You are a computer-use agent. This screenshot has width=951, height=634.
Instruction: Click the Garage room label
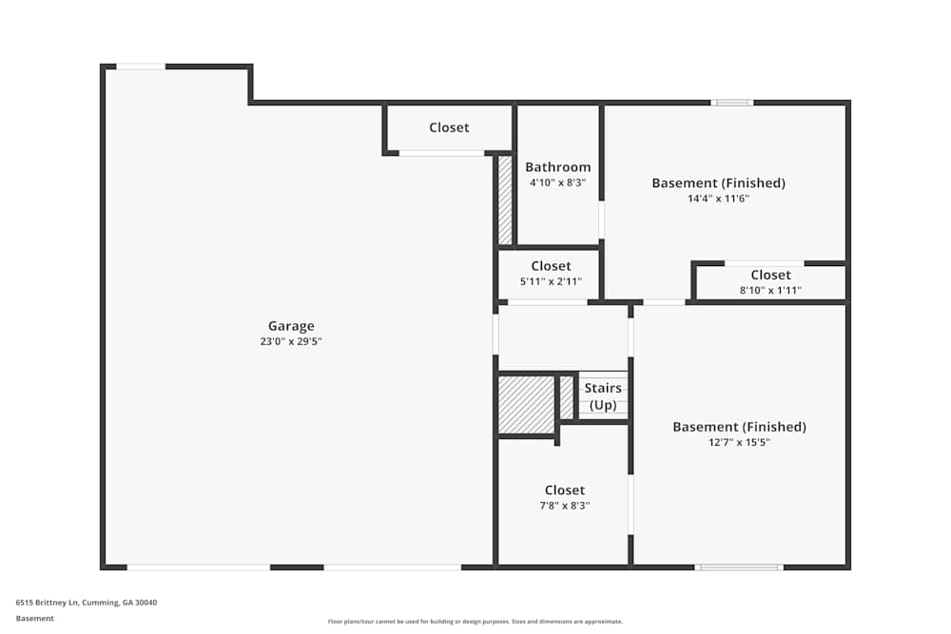tap(291, 326)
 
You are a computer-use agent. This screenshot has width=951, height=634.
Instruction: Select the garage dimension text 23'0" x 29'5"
tap(291, 341)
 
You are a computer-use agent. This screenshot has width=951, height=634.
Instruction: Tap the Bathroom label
tap(558, 166)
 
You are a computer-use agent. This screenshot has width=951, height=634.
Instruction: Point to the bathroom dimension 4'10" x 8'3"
tap(558, 183)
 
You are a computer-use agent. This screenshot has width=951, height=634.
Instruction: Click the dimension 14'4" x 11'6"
tap(719, 199)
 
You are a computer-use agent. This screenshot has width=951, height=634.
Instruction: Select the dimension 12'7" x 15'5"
tap(739, 442)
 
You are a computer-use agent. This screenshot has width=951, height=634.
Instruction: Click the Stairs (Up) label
tap(603, 396)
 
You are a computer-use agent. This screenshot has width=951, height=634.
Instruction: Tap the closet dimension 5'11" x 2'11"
tap(551, 281)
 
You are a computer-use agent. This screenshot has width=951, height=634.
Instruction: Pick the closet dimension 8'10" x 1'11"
tap(770, 290)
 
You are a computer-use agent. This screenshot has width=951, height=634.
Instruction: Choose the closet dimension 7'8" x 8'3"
tap(565, 506)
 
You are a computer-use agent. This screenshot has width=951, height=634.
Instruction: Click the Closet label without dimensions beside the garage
tap(450, 127)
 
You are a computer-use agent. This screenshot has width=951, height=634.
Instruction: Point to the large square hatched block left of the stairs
tap(527, 405)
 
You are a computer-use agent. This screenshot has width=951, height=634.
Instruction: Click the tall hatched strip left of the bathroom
tap(505, 200)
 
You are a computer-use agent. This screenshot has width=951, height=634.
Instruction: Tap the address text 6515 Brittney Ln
tap(48, 603)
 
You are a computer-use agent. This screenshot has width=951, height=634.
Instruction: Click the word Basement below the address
tap(34, 618)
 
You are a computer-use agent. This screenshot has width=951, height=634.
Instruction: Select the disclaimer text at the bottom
tap(475, 622)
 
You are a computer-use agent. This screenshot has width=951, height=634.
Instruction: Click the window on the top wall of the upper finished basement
tap(732, 103)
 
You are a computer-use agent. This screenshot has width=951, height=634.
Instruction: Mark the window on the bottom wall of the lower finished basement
tap(739, 567)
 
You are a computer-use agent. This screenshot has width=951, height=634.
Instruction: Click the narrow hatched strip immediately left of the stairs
tap(567, 397)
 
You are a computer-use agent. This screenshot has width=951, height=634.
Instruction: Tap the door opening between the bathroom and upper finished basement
tap(602, 220)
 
